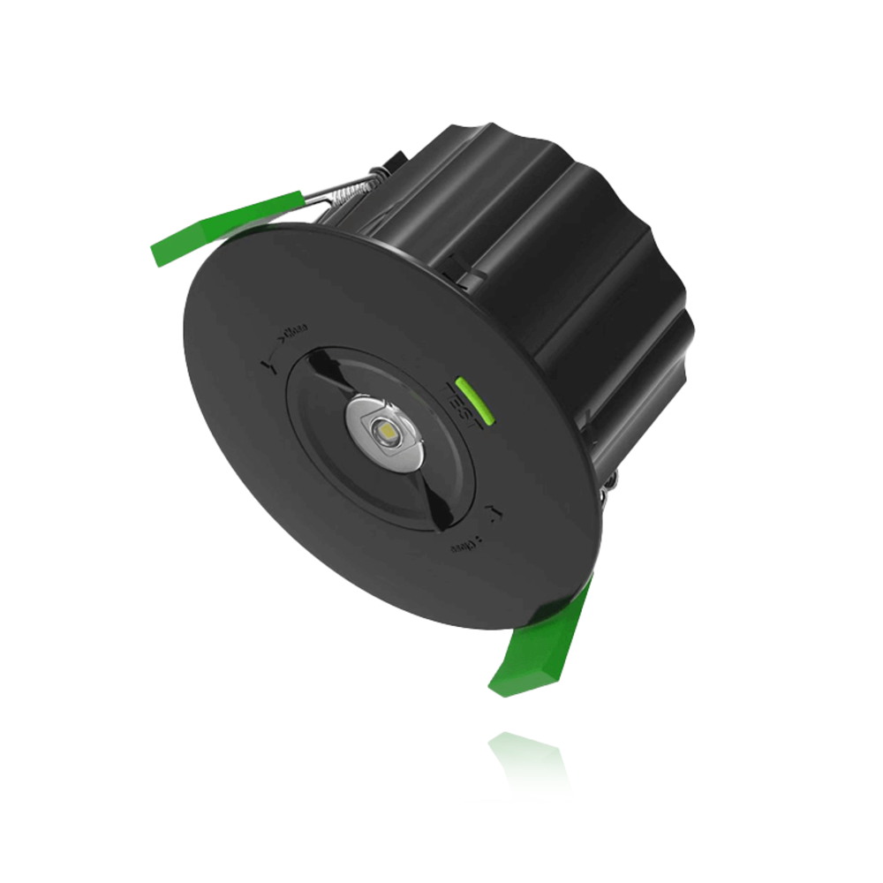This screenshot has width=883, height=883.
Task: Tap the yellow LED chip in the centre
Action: [x=386, y=431]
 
